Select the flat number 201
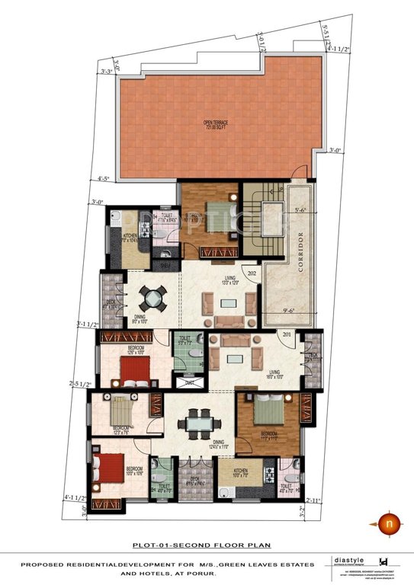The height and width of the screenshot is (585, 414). [287, 334]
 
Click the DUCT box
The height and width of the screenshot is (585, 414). [190, 383]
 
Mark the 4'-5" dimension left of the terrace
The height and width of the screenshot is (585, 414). [105, 180]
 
